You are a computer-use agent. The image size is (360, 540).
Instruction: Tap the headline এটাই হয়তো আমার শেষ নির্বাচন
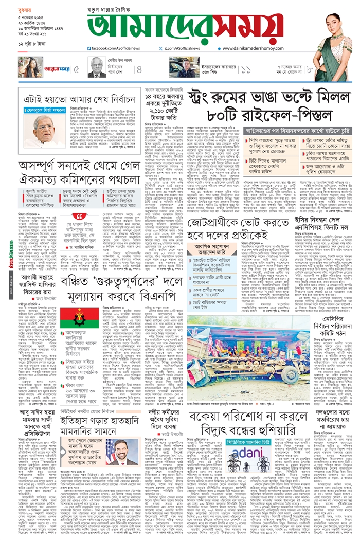click(x=72, y=97)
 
